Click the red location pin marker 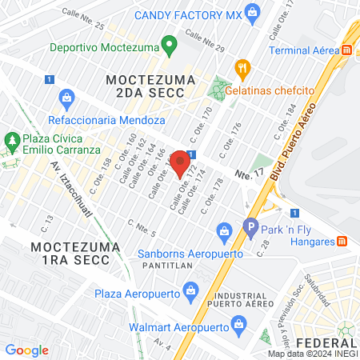[180, 162]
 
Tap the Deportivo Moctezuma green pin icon [169, 45]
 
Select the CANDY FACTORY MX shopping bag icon [254, 12]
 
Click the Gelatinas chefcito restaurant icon [238, 68]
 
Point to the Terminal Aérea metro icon [347, 50]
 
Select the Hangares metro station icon [342, 241]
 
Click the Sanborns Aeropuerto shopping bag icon [225, 234]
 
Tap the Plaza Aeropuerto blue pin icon [190, 289]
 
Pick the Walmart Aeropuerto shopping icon [237, 323]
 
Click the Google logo [26, 350]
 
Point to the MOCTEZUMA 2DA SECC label [145, 86]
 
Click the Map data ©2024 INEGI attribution [312, 354]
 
